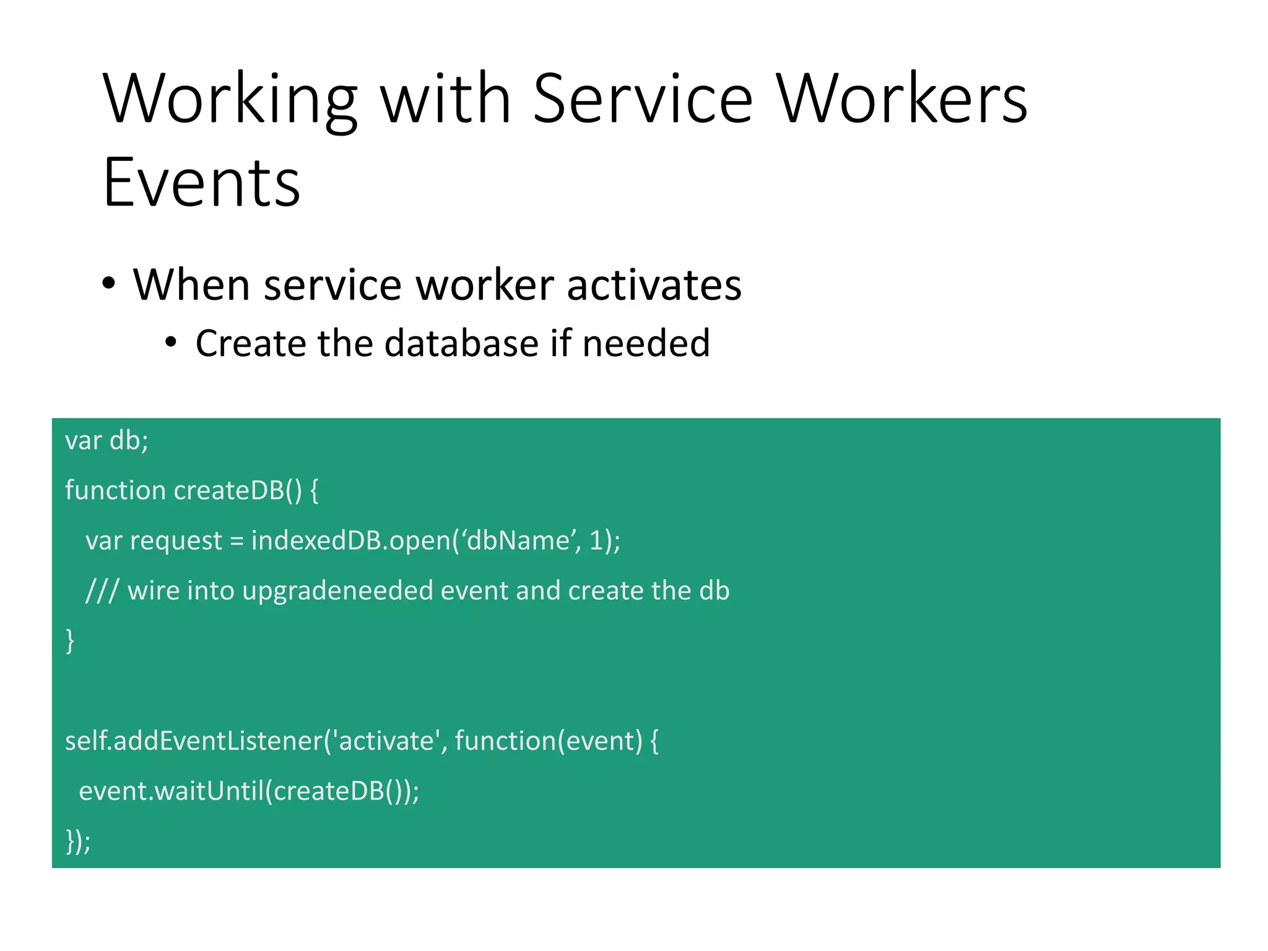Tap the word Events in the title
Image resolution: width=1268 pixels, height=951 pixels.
pyautogui.click(x=202, y=183)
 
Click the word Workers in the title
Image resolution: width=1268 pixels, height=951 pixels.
pyautogui.click(x=901, y=99)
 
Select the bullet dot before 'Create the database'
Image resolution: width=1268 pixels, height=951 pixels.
pyautogui.click(x=172, y=342)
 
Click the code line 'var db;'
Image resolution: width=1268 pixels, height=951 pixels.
pyautogui.click(x=106, y=441)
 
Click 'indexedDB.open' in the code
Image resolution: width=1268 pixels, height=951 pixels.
pyautogui.click(x=350, y=541)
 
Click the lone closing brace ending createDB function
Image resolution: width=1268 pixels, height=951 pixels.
pyautogui.click(x=70, y=641)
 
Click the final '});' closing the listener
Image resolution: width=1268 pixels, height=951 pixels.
pyautogui.click(x=78, y=841)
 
